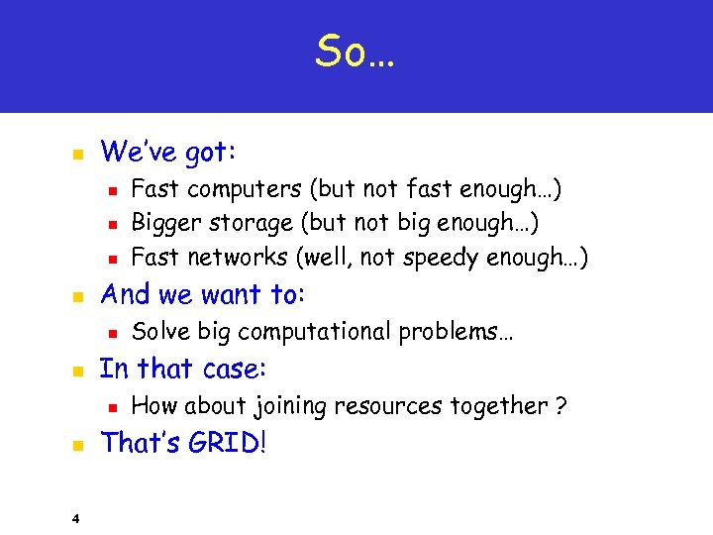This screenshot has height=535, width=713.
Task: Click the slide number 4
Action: coord(75,516)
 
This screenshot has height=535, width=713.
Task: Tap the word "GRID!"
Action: coord(222,443)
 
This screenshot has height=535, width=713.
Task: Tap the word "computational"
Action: coord(313,332)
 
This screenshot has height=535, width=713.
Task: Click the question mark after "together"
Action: coord(561,405)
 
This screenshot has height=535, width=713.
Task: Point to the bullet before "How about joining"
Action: coord(113,407)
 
